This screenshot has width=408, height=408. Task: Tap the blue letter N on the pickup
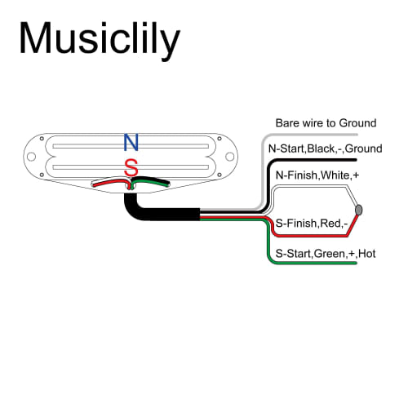pos(131,143)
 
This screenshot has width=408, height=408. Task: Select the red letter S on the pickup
pos(131,168)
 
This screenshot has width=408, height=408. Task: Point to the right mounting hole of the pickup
pos(231,155)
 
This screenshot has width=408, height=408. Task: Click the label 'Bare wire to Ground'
pos(326,122)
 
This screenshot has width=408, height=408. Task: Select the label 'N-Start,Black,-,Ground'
pos(324,149)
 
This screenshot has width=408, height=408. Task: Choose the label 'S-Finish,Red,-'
pos(313,222)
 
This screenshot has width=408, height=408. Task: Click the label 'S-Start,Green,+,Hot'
pos(326,254)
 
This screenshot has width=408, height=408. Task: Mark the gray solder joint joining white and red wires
pos(359,210)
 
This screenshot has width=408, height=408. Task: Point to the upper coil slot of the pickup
pos(131,146)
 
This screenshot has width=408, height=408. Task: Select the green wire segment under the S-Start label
pos(326,264)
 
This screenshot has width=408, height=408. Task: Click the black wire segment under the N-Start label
pos(326,160)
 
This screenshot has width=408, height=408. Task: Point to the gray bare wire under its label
pos(326,132)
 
